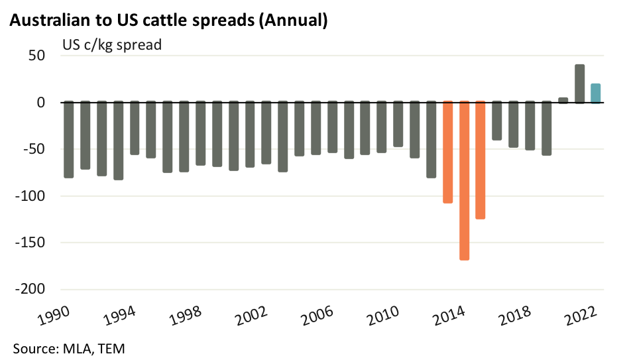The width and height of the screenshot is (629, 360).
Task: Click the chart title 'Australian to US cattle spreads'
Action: [x=168, y=21]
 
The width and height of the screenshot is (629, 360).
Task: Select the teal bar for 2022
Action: [x=595, y=93]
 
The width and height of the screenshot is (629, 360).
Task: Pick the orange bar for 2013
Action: [x=447, y=152]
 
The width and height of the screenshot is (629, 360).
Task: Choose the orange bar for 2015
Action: [x=481, y=160]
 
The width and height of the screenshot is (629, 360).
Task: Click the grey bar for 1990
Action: [x=68, y=139]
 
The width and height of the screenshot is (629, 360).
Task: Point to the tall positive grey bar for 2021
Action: [x=579, y=84]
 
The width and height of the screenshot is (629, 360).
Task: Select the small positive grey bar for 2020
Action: [x=563, y=100]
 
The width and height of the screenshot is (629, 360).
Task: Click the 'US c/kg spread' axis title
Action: [x=112, y=46]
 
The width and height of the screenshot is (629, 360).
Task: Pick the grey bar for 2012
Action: [x=431, y=139]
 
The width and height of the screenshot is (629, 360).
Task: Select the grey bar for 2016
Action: [x=497, y=121]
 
